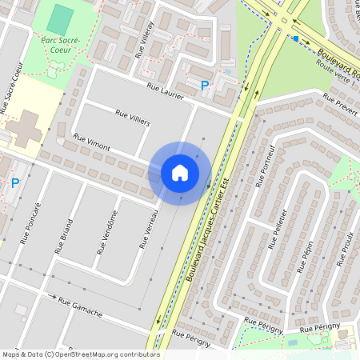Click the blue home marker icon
pos(180,173)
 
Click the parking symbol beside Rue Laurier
pos(205,86)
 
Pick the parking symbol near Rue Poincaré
pos(14,183)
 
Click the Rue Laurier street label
pos(166,90)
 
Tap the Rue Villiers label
pos(133,118)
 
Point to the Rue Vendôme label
pos(106,232)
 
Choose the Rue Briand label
pos(64,235)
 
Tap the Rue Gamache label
pos(80,306)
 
